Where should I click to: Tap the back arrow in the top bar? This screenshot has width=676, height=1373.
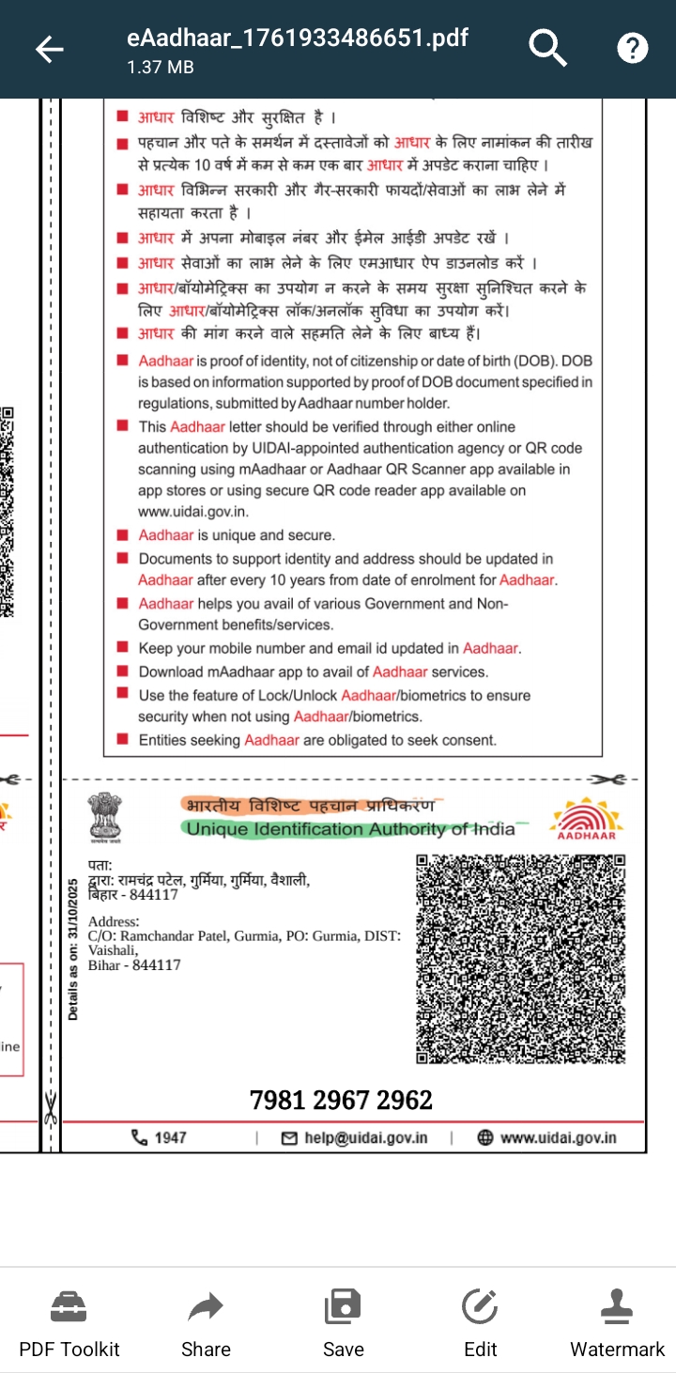pos(49,49)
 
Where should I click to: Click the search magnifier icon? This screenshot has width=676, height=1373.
pos(547,47)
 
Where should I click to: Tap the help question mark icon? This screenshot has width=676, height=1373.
pos(633,48)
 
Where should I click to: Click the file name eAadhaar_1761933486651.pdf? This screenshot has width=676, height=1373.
pos(298,39)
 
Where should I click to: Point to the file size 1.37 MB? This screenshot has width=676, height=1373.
pos(161,68)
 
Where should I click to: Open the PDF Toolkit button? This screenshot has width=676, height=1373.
pos(69,1324)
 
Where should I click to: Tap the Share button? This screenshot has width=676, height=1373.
pos(206,1324)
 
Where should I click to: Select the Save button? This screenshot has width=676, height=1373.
pos(343,1324)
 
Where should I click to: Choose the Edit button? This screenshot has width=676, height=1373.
pos(480,1324)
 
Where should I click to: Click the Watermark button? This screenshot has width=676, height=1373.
pos(617,1324)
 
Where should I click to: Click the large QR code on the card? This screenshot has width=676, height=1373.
pos(521,959)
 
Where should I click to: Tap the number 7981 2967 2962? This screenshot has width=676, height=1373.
pos(341,1100)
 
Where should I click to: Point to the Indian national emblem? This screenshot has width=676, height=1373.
pos(105,815)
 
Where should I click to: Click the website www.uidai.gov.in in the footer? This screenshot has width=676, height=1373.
pos(558,1138)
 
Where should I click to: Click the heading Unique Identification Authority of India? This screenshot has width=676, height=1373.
pos(350,829)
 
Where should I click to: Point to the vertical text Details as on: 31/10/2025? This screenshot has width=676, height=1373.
pos(74,949)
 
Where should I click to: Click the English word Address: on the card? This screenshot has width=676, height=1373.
pos(114,922)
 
